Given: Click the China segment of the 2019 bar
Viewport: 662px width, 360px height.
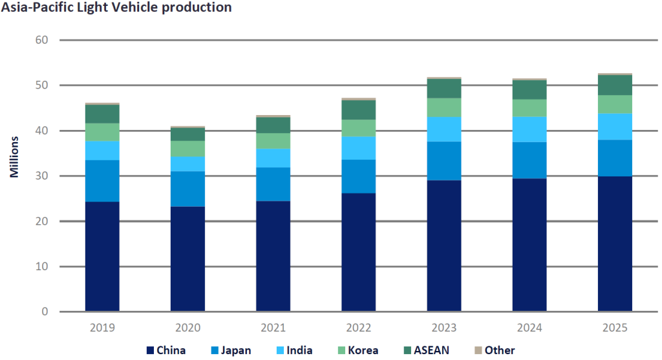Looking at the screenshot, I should click(x=102, y=257).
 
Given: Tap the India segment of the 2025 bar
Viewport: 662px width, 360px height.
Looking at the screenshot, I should click(x=614, y=126).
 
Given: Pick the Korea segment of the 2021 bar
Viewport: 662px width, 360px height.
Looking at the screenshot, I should click(x=273, y=141).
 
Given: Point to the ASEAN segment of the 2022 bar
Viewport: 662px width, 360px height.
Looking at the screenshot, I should click(x=358, y=110).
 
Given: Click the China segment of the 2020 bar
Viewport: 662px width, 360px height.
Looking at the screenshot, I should click(x=187, y=259).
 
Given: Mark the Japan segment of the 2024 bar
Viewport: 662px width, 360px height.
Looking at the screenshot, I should click(x=529, y=160).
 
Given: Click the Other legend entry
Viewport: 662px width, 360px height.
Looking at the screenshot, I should click(x=499, y=350).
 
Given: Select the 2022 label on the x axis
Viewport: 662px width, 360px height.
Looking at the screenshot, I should click(x=358, y=328).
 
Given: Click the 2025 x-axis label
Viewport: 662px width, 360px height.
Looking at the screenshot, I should click(x=614, y=328).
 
